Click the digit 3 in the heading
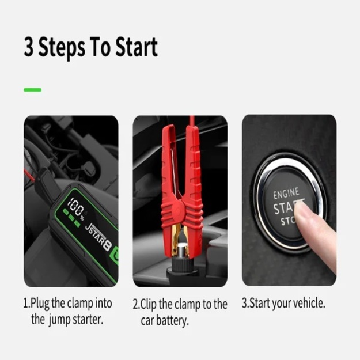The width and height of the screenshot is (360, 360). pos(29,47)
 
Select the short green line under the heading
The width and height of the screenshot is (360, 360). pos(32,90)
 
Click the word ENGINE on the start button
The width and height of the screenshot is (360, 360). pos(286,194)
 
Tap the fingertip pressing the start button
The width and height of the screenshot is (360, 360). pos(303,215)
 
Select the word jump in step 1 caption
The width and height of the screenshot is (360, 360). pos(63,319)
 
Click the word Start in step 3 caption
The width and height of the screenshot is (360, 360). pos(262,304)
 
